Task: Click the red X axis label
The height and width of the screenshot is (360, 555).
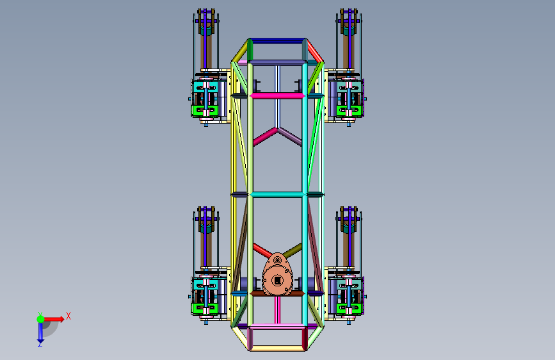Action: pos(68,316)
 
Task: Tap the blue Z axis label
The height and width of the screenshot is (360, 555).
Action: pos(40,345)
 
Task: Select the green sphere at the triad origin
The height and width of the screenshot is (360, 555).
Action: pos(41,319)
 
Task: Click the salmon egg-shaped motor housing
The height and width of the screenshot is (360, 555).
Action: pos(278,275)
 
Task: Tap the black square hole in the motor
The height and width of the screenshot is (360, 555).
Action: pos(278,281)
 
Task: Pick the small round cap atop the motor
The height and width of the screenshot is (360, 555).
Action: pos(278,261)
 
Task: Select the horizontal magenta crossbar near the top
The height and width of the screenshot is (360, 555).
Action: pos(278,95)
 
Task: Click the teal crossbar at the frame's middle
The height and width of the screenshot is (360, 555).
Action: pos(278,195)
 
